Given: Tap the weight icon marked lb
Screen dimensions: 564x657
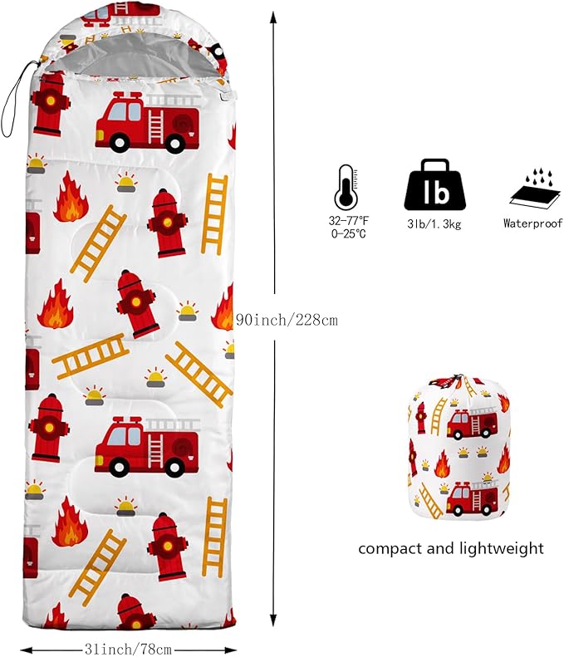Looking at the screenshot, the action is click(434, 185).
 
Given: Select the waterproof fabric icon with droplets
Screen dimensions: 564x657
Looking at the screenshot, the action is click(535, 189).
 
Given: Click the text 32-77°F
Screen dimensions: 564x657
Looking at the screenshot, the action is click(348, 221).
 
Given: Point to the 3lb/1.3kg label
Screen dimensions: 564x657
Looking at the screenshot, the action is click(434, 224).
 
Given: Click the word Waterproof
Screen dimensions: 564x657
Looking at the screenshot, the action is click(533, 223).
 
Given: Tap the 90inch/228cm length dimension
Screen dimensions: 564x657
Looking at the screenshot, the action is click(287, 321).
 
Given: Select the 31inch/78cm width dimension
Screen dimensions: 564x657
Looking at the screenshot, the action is click(128, 650).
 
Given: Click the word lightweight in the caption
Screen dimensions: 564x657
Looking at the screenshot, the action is click(501, 548).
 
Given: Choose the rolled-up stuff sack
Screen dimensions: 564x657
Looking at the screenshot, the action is click(459, 449).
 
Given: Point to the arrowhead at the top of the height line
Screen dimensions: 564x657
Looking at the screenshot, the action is click(273, 17).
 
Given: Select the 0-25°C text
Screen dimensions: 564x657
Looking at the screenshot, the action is click(348, 233).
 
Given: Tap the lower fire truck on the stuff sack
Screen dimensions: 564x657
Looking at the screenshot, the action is click(473, 498).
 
